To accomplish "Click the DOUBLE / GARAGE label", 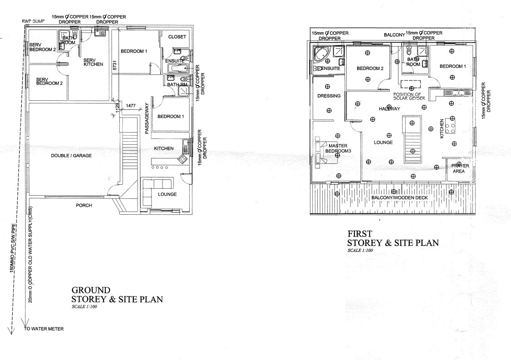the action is pyautogui.click(x=71, y=156).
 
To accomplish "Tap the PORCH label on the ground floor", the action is pyautogui.click(x=84, y=206).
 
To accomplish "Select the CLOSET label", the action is pyautogui.click(x=177, y=37).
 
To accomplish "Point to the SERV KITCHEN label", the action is pyautogui.click(x=93, y=62).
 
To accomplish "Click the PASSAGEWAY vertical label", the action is pyautogui.click(x=147, y=118).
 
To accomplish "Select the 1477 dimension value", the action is pyautogui.click(x=131, y=106).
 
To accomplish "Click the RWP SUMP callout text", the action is pyautogui.click(x=33, y=21).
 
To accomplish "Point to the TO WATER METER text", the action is pyautogui.click(x=44, y=329).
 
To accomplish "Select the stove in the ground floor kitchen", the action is pyautogui.click(x=182, y=159).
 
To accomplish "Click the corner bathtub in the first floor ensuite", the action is pyautogui.click(x=322, y=54).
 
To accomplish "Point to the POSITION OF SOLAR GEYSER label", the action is pyautogui.click(x=409, y=96).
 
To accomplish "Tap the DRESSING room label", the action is pyautogui.click(x=329, y=96).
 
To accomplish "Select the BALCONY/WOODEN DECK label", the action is pyautogui.click(x=399, y=197).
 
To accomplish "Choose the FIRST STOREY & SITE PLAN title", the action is pyautogui.click(x=393, y=238).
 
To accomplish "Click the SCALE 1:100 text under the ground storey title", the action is pyautogui.click(x=84, y=306).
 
